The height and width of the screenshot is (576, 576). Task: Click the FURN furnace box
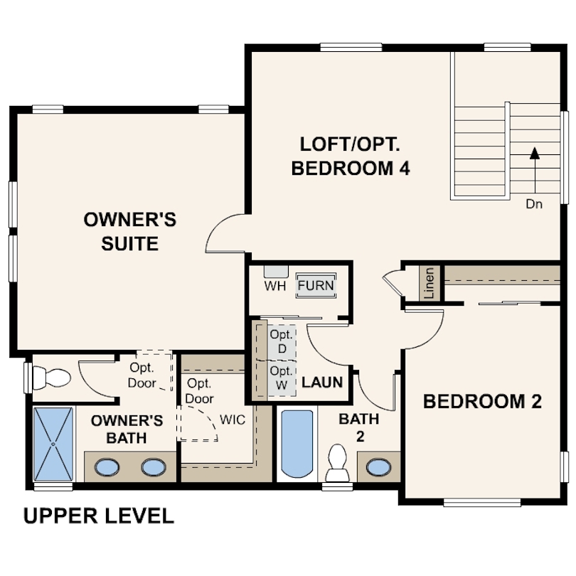pos(316,285)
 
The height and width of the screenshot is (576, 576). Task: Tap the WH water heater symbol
pos(276,272)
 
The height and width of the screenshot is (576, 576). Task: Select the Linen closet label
pos(429,282)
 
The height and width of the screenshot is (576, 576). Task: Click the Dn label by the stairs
pos(534,204)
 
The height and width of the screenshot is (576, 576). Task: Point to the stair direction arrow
pos(535,170)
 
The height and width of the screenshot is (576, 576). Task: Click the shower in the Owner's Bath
pos(53,444)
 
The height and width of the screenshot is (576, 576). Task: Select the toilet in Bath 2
pos(337,463)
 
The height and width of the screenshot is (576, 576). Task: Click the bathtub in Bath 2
pos(297,444)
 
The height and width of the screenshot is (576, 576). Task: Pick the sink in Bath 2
pos(379,467)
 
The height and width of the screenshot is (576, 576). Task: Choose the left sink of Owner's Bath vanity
pos(107,468)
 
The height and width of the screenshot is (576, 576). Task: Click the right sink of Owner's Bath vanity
pos(154,468)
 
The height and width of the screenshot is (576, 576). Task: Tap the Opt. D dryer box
pos(282,342)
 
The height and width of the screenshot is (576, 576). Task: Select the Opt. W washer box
pos(282,378)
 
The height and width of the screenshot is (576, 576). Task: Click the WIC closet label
pos(232,420)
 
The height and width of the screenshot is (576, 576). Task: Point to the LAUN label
pos(322,383)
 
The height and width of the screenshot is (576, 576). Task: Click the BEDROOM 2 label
pos(482,402)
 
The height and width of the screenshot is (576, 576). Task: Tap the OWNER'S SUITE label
pos(130,231)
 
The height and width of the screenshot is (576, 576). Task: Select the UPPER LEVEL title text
pos(98,516)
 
